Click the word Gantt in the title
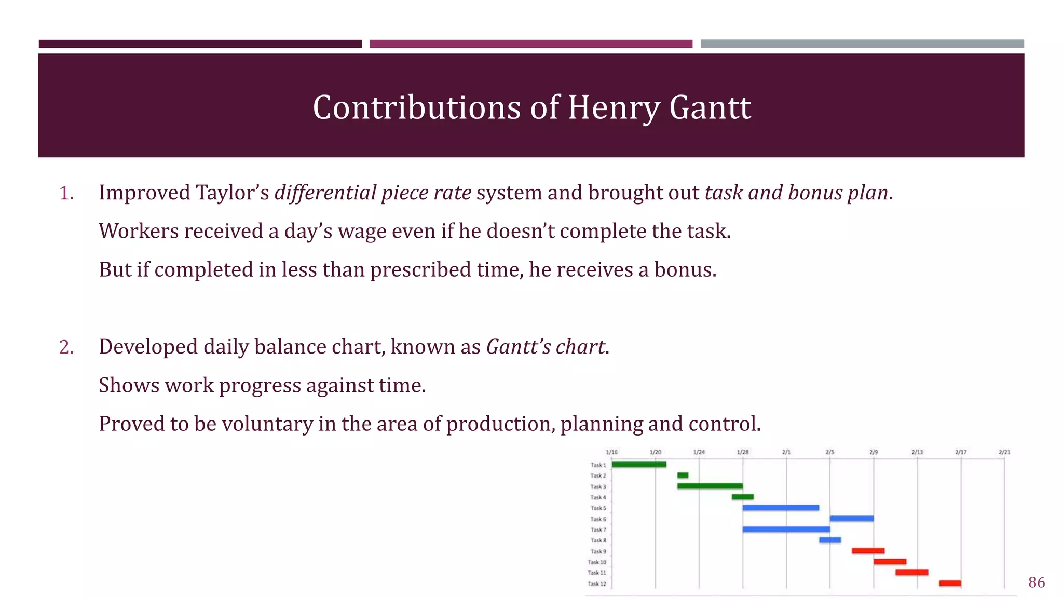point(710,108)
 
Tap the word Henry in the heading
point(613,108)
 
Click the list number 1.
point(66,194)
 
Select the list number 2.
point(66,347)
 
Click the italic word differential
point(325,193)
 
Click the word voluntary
point(267,424)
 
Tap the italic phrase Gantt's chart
point(546,347)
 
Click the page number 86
point(1036,582)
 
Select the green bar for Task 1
point(638,465)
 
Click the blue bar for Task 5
point(780,508)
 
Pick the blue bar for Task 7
point(786,529)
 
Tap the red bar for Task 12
point(949,583)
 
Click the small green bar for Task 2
point(683,475)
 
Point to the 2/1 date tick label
point(786,452)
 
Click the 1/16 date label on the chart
point(611,452)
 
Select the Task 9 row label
point(598,551)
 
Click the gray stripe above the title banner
point(862,44)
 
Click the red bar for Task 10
point(890,562)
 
